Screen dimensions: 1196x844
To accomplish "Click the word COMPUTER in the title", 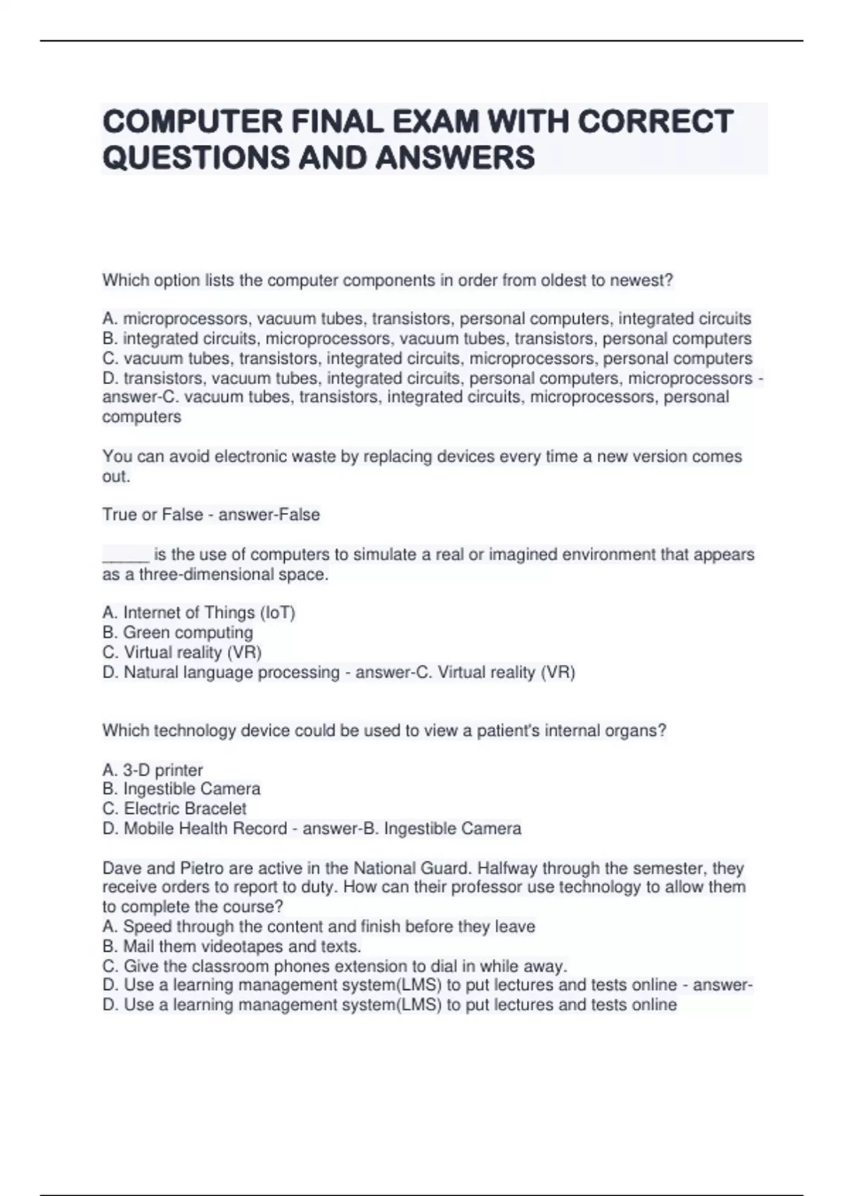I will [x=191, y=122].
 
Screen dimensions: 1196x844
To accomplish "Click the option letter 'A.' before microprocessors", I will [x=110, y=319].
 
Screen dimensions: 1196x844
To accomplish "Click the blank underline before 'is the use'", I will [x=125, y=555].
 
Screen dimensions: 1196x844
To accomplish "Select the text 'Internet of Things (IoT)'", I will [x=209, y=613].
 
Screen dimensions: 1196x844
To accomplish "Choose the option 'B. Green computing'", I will [x=177, y=632].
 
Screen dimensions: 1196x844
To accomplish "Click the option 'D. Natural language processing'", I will [x=220, y=673].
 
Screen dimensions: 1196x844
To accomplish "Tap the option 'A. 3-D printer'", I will [x=152, y=770].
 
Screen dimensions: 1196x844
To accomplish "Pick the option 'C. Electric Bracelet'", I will [x=174, y=809].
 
